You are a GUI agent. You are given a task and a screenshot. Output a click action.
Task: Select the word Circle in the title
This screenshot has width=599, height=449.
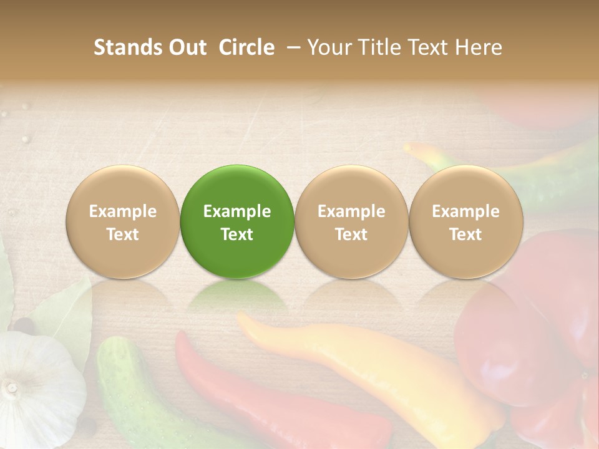246,47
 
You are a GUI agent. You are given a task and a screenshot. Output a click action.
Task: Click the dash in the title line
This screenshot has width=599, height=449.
291,47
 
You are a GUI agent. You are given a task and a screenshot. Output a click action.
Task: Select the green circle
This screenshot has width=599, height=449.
237,221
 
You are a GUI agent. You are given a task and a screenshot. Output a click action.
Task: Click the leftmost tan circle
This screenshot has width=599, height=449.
123,221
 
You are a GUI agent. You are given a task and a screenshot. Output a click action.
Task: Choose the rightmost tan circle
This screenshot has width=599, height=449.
465,221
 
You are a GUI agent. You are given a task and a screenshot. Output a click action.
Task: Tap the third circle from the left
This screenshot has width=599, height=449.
351,221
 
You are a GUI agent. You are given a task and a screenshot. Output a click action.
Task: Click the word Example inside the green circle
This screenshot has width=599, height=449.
237,211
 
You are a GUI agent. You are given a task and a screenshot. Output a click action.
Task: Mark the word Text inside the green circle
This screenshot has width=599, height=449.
237,234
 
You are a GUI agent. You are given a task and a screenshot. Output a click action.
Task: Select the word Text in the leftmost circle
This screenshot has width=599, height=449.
123,234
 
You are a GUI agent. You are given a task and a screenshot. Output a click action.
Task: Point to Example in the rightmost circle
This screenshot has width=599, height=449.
465,211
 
